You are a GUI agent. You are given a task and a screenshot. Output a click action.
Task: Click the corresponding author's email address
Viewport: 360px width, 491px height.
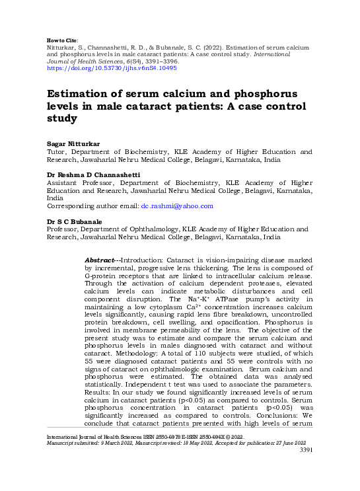point(177,206)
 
